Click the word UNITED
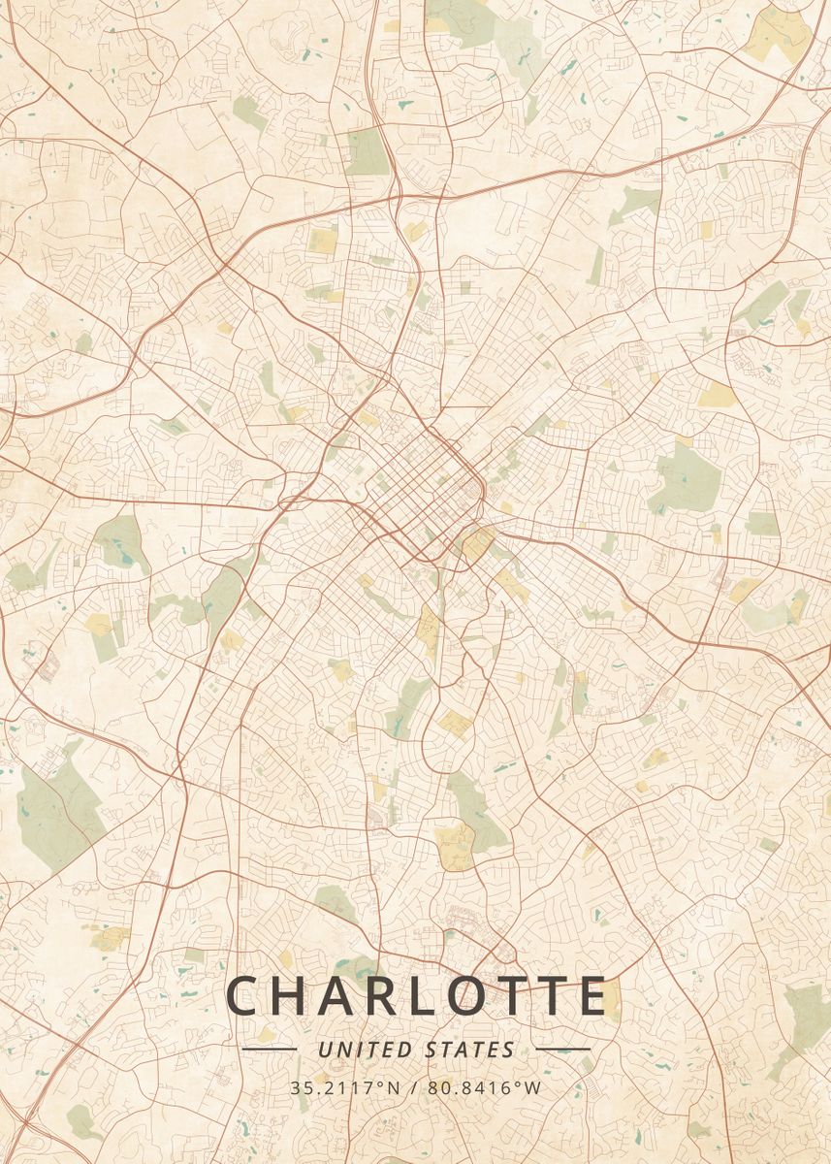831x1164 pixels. pos(367,1050)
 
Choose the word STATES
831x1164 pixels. pos(470,1050)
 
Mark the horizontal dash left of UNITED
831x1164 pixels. pos(269,1050)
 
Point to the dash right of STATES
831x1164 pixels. pos(562,1050)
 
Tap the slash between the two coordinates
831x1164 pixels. pos(415,1087)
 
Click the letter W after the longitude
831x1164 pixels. pos(534,1087)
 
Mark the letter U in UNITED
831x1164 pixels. pos(323,1050)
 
